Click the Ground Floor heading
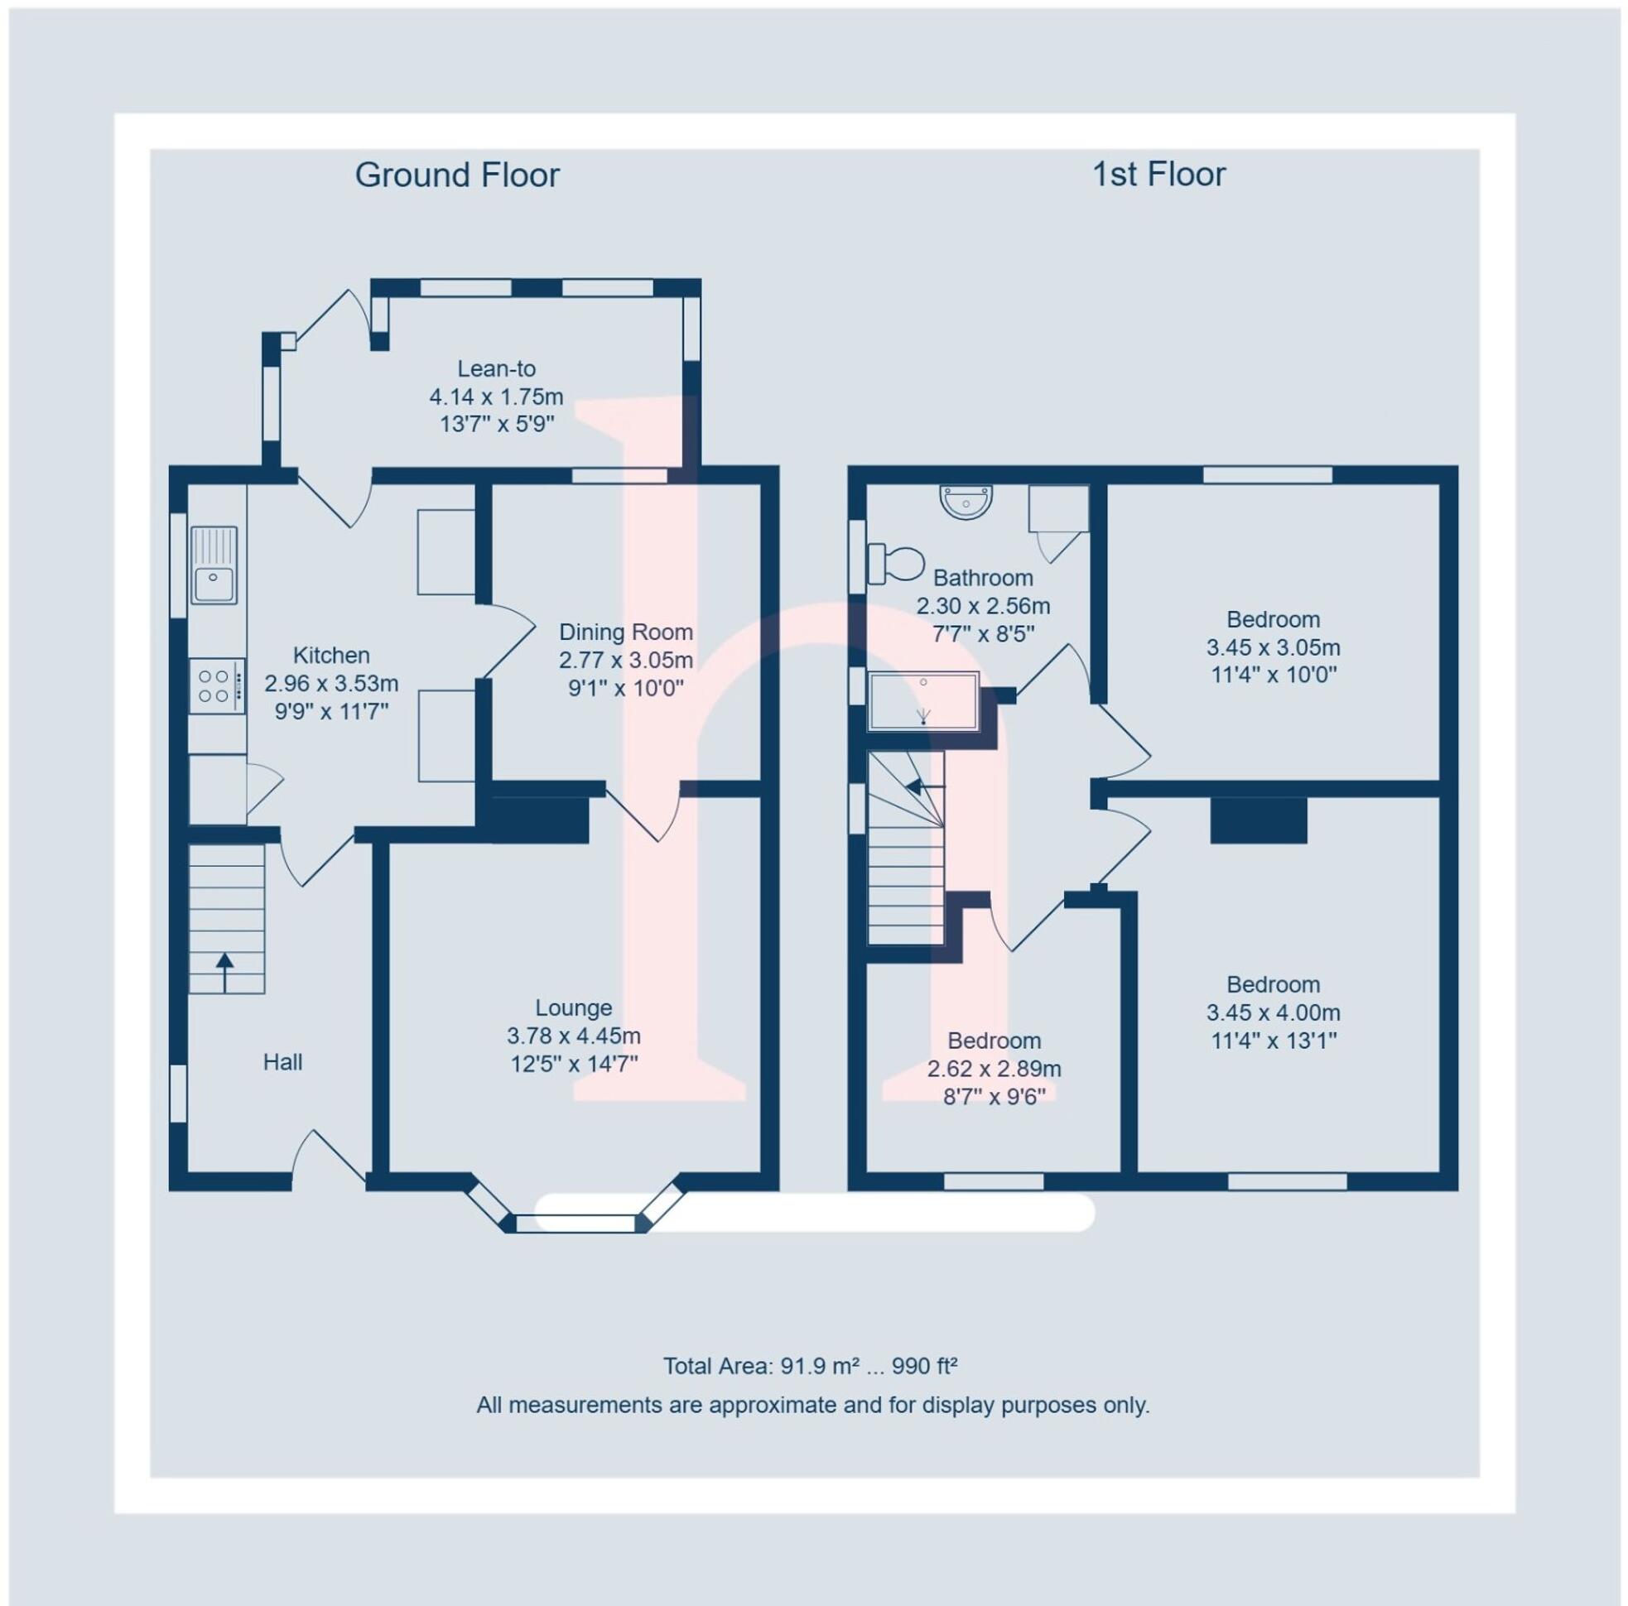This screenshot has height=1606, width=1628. click(x=457, y=176)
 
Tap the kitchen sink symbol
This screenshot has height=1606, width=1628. click(x=214, y=565)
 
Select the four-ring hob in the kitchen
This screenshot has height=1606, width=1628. click(x=217, y=686)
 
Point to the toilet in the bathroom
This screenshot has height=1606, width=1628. click(x=897, y=562)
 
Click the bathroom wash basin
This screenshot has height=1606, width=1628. click(x=966, y=502)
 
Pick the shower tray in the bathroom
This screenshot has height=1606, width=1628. click(x=923, y=700)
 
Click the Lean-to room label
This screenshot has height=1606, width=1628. click(x=496, y=368)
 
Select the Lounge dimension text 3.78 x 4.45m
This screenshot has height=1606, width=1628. click(x=573, y=1036)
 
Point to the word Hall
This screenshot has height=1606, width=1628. click(x=282, y=1062)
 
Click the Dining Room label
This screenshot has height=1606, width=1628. click(x=625, y=632)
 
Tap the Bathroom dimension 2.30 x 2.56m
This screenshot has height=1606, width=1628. click(x=983, y=606)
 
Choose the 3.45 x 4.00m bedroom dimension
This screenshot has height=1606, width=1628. click(x=1273, y=1012)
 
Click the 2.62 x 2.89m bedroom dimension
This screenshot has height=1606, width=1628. click(x=994, y=1070)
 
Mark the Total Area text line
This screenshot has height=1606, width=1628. click(x=810, y=1366)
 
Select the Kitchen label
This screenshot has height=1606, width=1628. click(x=331, y=655)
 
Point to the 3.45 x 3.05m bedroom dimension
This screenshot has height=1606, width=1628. click(x=1273, y=647)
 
